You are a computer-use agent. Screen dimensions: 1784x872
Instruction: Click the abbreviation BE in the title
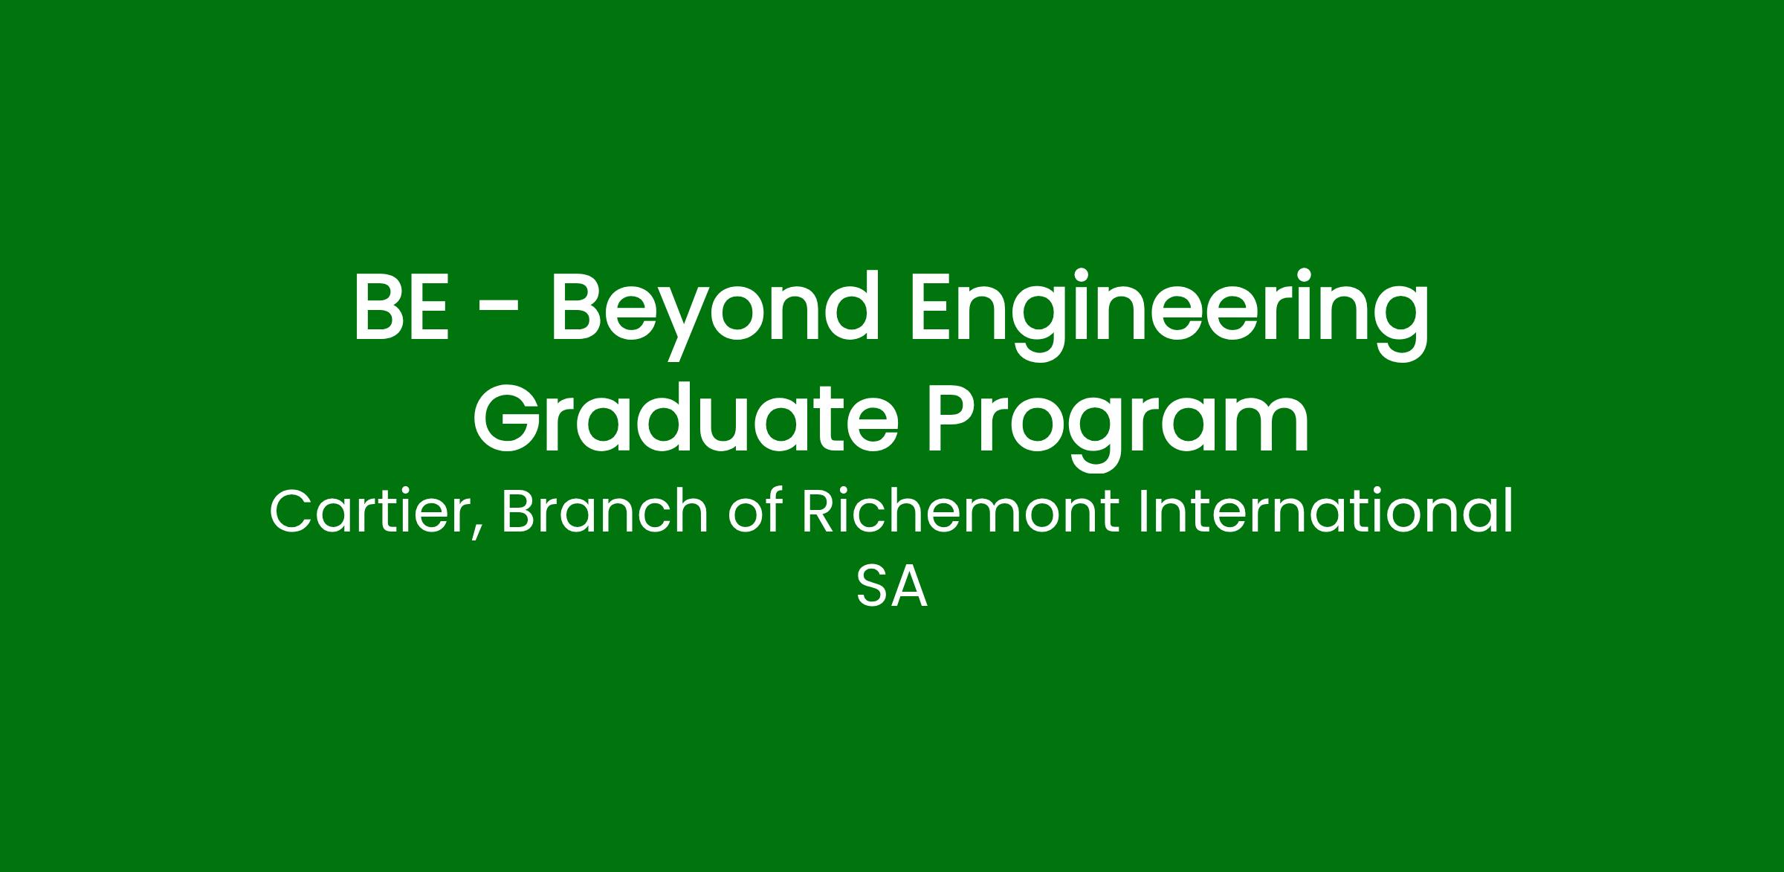pos(401,307)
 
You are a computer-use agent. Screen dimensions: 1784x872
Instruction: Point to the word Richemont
pos(960,511)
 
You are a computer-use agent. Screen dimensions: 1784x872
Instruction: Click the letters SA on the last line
pos(892,587)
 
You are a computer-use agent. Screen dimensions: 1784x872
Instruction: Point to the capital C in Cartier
pos(291,513)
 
